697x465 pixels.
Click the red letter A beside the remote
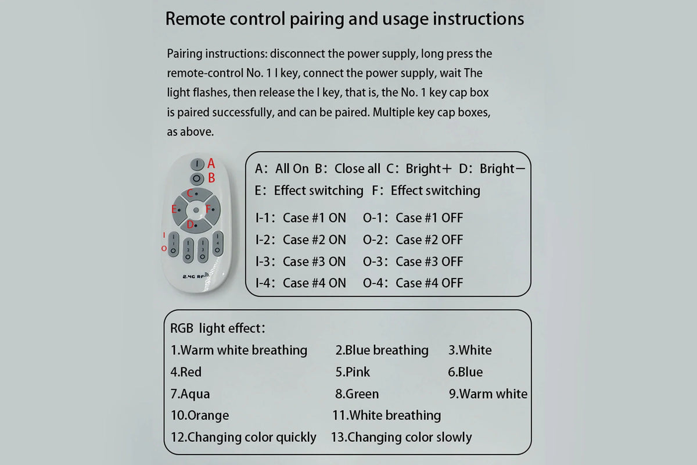[x=211, y=163]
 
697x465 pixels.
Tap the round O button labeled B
[x=197, y=178]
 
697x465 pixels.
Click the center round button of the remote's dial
[x=196, y=210]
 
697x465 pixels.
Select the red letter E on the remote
[x=174, y=209]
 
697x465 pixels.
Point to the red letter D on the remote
[x=190, y=224]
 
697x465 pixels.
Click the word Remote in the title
[x=195, y=19]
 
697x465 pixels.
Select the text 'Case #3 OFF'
[x=429, y=262]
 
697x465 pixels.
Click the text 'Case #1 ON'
[x=314, y=218]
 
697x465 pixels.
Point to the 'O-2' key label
[x=372, y=239]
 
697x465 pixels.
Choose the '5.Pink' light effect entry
[x=353, y=372]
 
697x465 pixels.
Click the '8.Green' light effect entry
[x=357, y=394]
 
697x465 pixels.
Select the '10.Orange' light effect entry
[x=200, y=415]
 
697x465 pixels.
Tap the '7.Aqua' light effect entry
[x=190, y=394]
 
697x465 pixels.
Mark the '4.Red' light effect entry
[x=186, y=372]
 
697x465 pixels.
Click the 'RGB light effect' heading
[x=217, y=328]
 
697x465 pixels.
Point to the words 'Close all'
[x=357, y=169]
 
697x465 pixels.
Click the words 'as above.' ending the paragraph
[x=190, y=132]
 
